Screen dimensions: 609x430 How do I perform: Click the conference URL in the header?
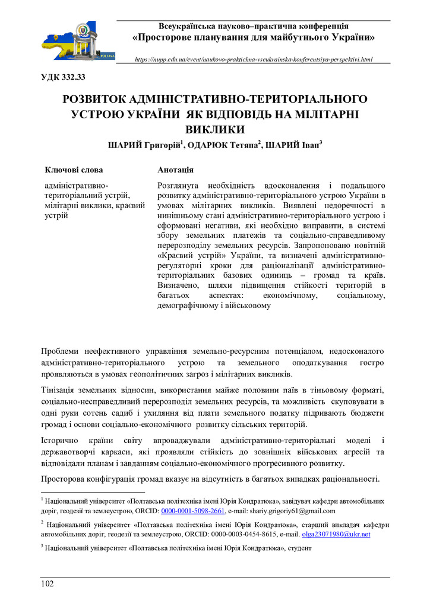click(x=254, y=59)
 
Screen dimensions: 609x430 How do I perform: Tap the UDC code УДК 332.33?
click(x=63, y=77)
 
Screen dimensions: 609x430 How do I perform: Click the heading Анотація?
click(x=175, y=169)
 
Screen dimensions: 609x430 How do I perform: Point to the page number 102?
click(x=47, y=583)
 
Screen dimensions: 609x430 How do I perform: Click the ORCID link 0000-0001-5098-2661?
click(x=193, y=511)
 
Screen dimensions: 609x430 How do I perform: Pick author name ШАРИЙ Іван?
click(x=292, y=145)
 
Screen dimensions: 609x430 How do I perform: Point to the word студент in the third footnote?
click(x=299, y=548)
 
